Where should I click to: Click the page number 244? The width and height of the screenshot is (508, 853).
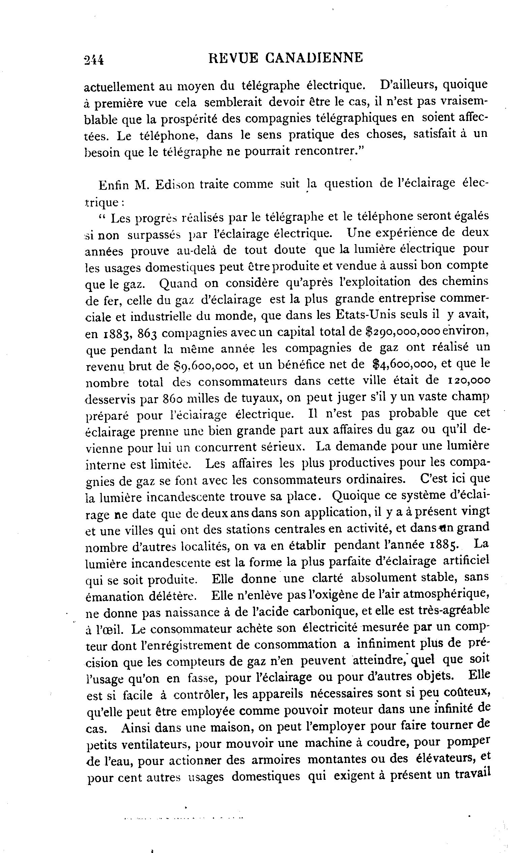point(93,60)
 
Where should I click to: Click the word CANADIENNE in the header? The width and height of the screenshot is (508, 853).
point(314,58)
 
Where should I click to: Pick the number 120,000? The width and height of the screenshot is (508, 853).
point(469,381)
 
